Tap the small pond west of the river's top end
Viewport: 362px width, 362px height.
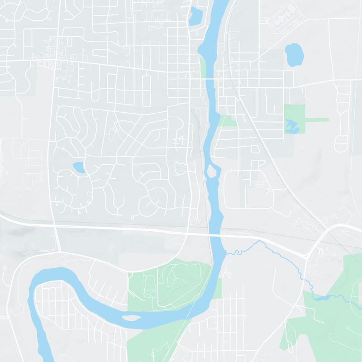pyautogui.click(x=195, y=17)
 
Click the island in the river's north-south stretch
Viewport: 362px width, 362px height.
pyautogui.click(x=211, y=171)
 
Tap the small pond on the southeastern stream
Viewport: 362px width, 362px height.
pyautogui.click(x=322, y=298)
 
